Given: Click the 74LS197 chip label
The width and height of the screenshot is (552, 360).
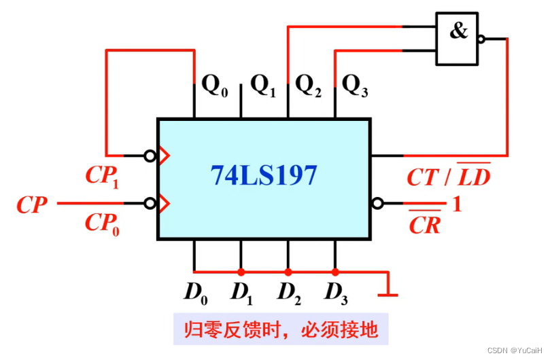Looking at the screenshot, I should [x=264, y=176].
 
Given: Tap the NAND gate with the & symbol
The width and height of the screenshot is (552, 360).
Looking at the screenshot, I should [x=458, y=39].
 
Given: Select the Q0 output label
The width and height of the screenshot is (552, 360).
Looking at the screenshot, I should [x=215, y=86].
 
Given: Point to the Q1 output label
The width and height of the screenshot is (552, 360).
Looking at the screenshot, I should [x=263, y=86].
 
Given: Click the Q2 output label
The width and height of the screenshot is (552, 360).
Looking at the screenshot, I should [x=309, y=86].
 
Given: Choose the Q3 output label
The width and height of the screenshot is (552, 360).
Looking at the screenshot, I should [x=355, y=86].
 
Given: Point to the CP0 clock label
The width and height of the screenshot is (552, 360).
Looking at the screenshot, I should [x=102, y=223].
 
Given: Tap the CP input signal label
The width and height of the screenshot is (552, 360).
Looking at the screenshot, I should [x=32, y=204].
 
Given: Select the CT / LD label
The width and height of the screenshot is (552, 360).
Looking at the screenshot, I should [x=449, y=177].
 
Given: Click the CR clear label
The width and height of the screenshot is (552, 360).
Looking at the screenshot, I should [x=425, y=224].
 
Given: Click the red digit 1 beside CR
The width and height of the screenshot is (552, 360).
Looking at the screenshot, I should [x=457, y=204].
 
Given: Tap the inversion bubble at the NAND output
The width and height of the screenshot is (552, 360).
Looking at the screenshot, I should [x=481, y=39].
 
